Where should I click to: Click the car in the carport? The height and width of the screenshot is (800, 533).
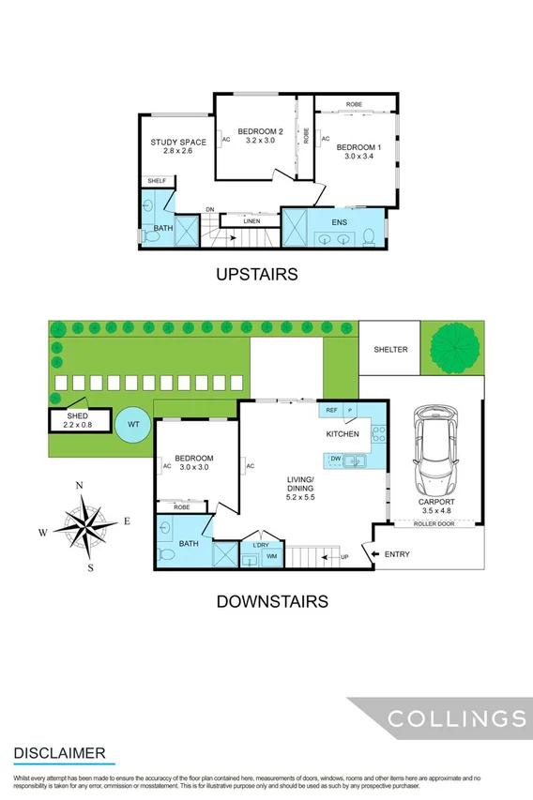[436, 457]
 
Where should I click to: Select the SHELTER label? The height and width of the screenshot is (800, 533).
[390, 350]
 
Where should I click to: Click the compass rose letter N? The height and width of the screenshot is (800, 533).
[81, 485]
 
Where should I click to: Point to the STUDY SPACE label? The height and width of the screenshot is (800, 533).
[178, 143]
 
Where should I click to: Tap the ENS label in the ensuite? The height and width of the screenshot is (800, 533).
[339, 222]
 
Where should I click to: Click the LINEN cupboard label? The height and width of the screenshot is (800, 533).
[251, 221]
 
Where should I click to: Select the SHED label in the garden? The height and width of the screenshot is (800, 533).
[77, 415]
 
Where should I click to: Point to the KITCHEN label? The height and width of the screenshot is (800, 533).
[343, 435]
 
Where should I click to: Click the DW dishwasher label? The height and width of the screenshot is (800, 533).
[335, 459]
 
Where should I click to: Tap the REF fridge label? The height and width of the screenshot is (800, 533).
[331, 411]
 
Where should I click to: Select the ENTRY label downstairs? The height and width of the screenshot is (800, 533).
[397, 554]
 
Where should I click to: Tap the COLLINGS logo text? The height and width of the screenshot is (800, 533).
[457, 719]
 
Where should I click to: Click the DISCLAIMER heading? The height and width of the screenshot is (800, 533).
[59, 753]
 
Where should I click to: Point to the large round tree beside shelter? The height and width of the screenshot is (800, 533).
[453, 349]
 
